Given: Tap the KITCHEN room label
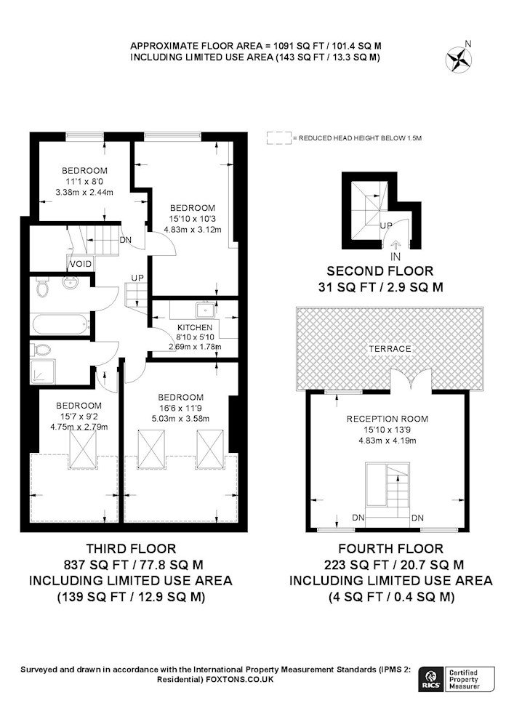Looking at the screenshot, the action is tap(195, 327).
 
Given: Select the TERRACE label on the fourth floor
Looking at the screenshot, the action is tap(390, 349).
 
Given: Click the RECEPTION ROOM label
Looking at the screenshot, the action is tap(387, 419).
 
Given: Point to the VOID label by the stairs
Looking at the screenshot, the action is tap(81, 264).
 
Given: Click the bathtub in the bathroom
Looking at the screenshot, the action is tap(60, 324).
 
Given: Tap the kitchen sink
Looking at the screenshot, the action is tap(205, 309).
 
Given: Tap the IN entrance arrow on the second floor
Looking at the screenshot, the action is tap(395, 244).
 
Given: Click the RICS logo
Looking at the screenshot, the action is tap(430, 679).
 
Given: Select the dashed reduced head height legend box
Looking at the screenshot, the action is tap(279, 138).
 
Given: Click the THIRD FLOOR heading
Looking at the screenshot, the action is tap(131, 548).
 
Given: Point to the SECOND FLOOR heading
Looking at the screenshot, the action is tap(380, 270).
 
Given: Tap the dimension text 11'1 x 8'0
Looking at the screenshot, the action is tap(84, 181).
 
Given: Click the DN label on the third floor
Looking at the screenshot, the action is tap(126, 240).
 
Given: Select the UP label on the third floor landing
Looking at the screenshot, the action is tap(137, 277).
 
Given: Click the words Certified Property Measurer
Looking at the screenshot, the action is tap(464, 679).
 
